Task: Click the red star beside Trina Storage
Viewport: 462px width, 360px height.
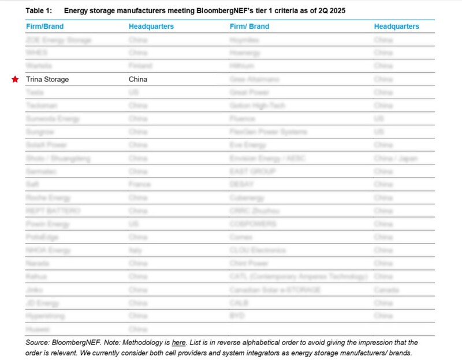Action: click(16, 80)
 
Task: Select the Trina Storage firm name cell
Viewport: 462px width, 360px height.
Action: click(47, 80)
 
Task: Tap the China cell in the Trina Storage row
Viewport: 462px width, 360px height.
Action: click(138, 80)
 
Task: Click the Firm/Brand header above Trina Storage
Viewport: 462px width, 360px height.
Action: click(44, 27)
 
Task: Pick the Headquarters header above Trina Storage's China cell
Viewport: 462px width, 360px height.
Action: click(151, 27)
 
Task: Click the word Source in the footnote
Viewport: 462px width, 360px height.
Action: click(38, 343)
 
